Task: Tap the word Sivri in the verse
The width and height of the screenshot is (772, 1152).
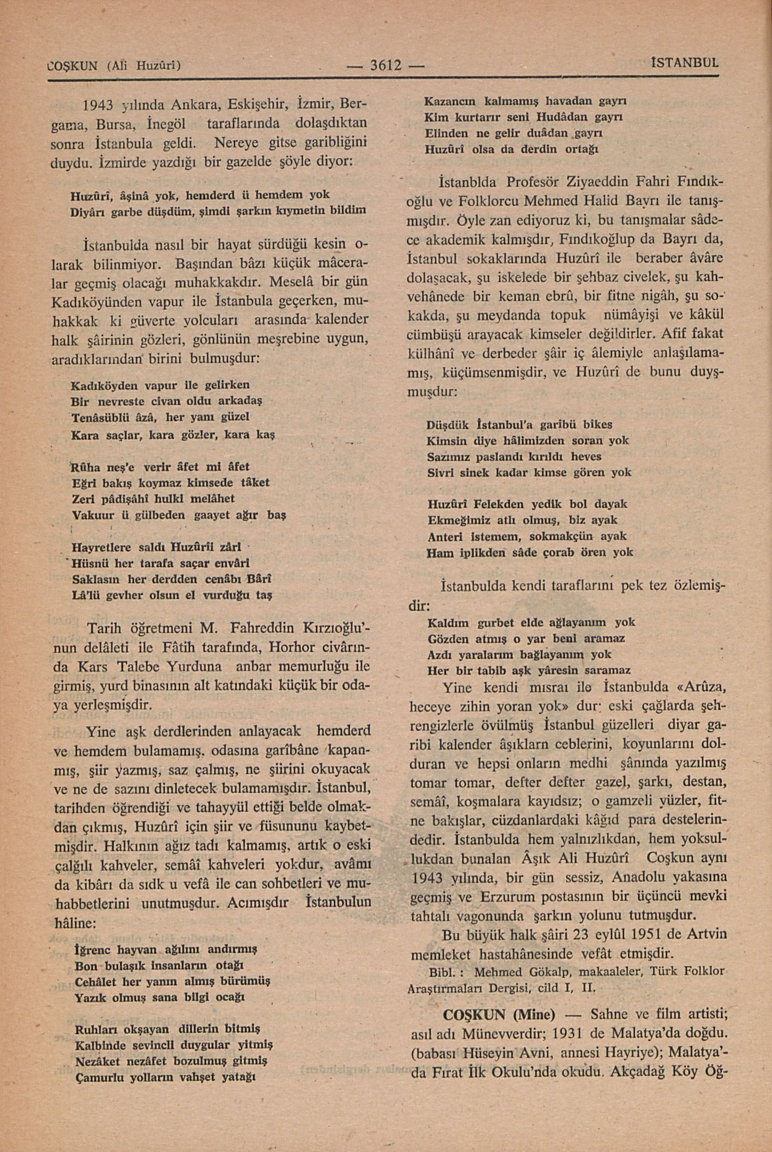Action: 441,473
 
